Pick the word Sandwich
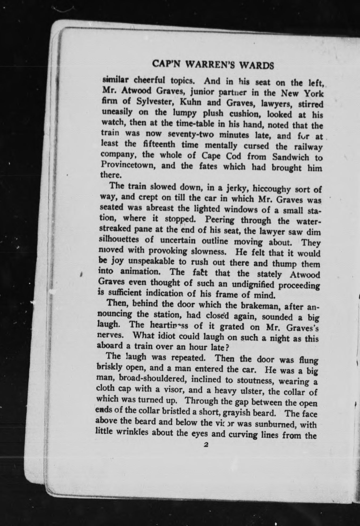(291, 157)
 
